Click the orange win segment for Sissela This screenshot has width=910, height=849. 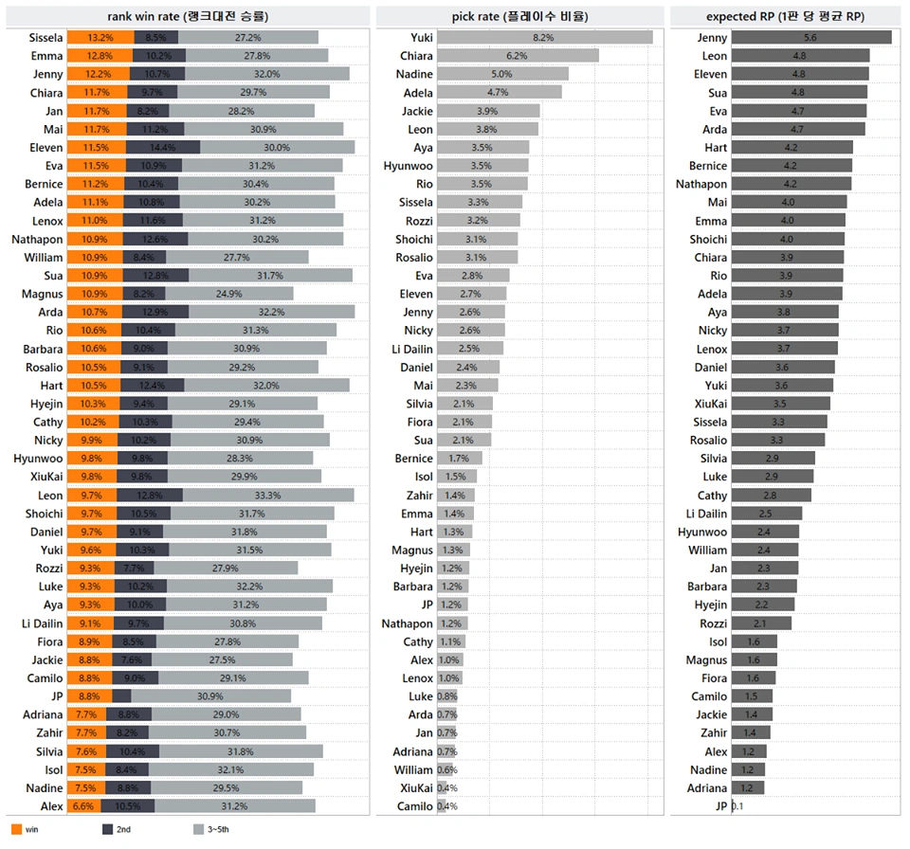[100, 38]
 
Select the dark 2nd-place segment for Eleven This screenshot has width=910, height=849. [165, 148]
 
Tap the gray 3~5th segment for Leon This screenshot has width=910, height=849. [267, 496]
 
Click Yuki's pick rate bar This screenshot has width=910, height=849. [544, 38]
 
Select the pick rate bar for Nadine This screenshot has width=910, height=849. [502, 74]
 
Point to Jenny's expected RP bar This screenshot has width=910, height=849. [810, 38]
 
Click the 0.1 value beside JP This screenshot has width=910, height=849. [737, 806]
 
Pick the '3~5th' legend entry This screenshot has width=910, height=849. [213, 829]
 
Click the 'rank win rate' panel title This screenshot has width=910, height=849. [188, 15]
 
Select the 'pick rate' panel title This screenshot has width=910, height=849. [517, 15]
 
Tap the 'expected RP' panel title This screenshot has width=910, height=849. [785, 15]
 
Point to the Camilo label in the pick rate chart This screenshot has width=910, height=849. [415, 806]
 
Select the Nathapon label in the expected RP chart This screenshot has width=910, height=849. [701, 184]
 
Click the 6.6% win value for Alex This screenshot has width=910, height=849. [82, 806]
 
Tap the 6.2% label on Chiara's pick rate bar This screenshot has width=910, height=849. [517, 56]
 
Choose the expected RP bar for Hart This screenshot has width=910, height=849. [792, 148]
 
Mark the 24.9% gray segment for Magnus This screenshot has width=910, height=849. [229, 294]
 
